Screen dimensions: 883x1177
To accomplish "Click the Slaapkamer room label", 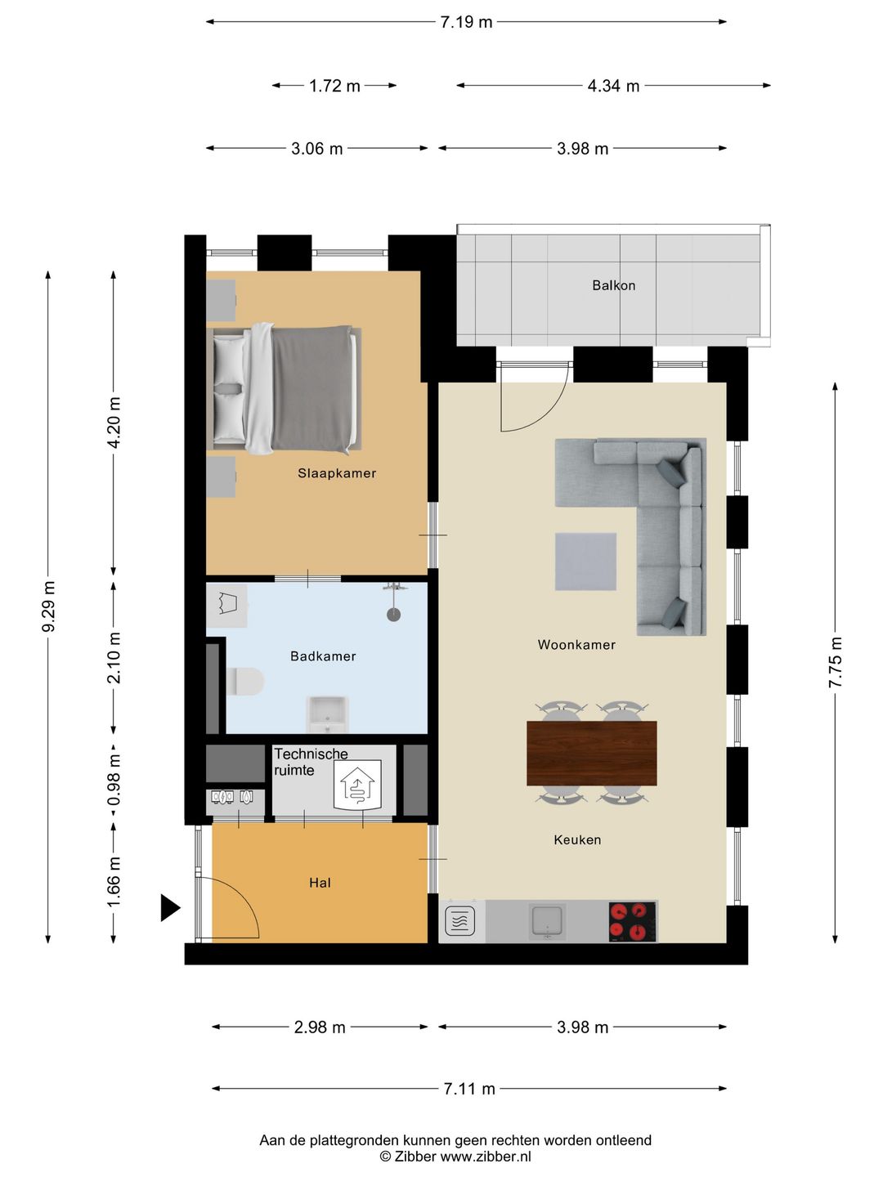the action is tap(337, 473).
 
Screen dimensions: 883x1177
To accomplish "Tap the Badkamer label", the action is tap(323, 656).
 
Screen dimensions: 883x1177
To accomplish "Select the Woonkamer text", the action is tap(576, 645).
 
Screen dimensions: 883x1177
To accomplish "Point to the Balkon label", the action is tap(613, 285).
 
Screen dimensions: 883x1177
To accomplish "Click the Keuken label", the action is tap(577, 839).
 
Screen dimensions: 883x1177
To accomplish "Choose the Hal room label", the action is tap(320, 883).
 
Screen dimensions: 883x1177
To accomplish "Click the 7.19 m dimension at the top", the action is tap(466, 22).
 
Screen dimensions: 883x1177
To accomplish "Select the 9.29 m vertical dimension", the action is tap(49, 606).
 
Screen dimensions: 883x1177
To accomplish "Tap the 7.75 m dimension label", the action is tap(836, 662).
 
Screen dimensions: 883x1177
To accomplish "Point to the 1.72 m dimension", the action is tap(334, 86).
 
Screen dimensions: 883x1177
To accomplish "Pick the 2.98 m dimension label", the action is tap(320, 1027).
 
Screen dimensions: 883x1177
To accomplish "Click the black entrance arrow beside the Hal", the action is tap(170, 907).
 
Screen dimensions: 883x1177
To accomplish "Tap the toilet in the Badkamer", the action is tap(245, 681).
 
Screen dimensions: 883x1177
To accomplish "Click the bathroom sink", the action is tap(327, 714).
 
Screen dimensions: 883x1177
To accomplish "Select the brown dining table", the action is tap(591, 753).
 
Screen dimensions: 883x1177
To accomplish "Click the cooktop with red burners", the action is tap(632, 921).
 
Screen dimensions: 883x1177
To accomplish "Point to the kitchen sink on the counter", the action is tap(546, 920).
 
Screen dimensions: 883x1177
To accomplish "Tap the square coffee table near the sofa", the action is tap(585, 562).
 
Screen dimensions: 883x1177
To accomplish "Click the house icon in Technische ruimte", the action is tap(357, 785).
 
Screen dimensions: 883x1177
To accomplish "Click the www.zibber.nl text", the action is tap(486, 1156).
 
